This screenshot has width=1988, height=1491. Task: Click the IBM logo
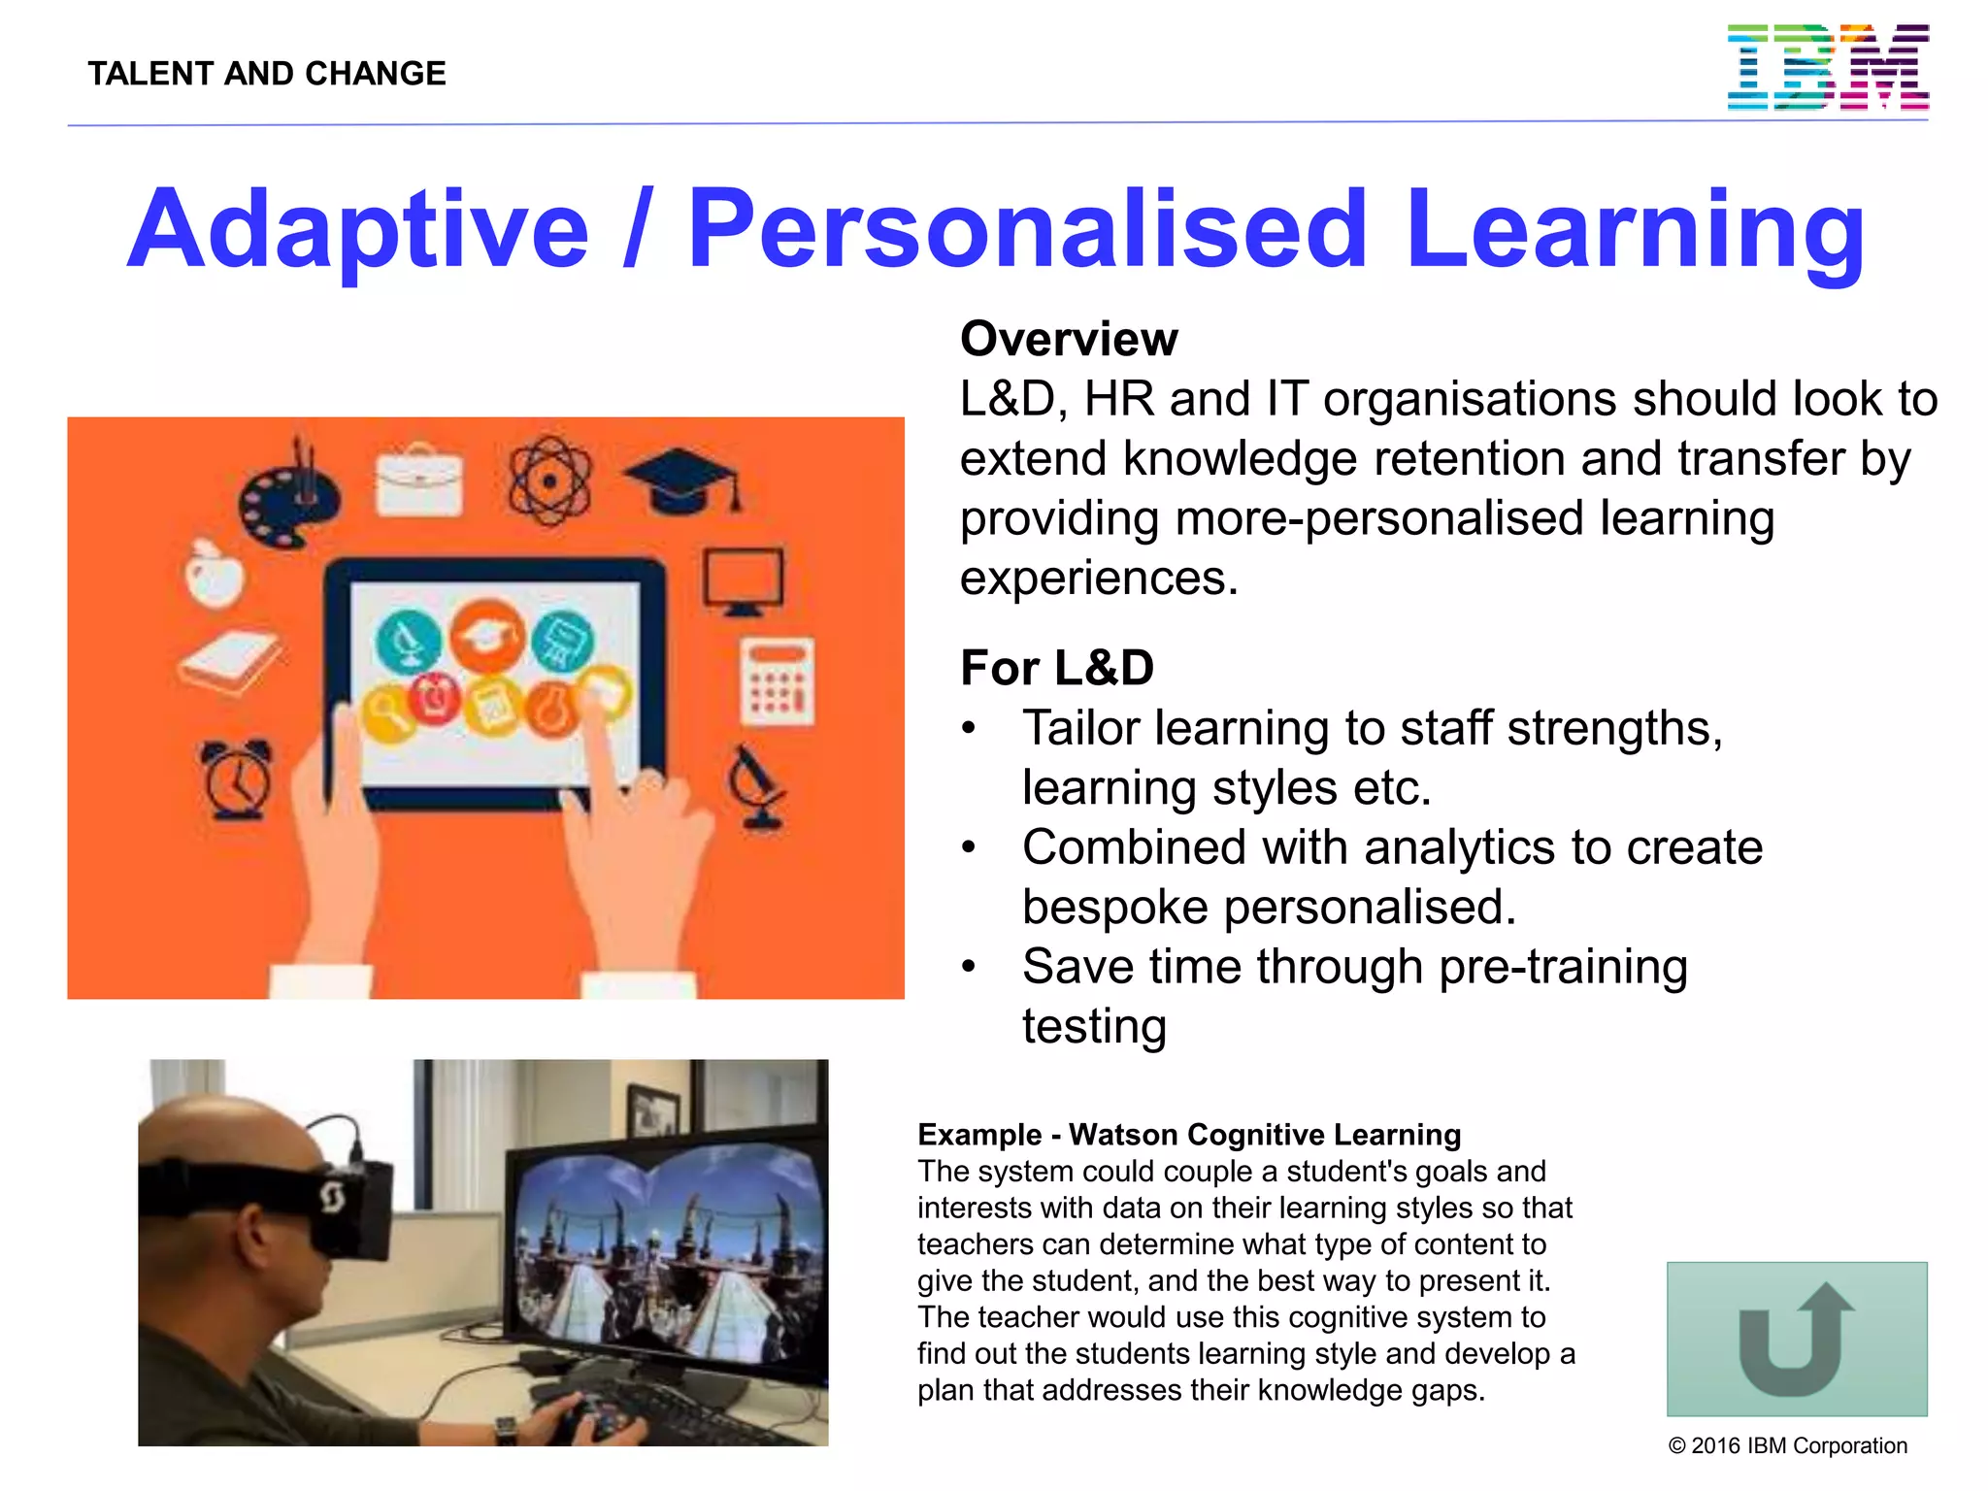tap(1827, 68)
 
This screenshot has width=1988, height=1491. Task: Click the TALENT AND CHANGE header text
tap(267, 74)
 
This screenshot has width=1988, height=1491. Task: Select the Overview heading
tap(1069, 339)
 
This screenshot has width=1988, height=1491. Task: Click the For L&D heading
tap(1056, 668)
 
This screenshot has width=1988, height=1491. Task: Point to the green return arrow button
tap(1796, 1339)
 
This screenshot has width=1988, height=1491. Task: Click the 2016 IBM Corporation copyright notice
tap(1787, 1445)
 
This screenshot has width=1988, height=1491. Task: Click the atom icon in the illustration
tap(549, 480)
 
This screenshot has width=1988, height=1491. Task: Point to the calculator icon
tap(777, 682)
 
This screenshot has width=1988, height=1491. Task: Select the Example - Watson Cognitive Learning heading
tap(1189, 1135)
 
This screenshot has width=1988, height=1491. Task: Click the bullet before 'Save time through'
tap(968, 967)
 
